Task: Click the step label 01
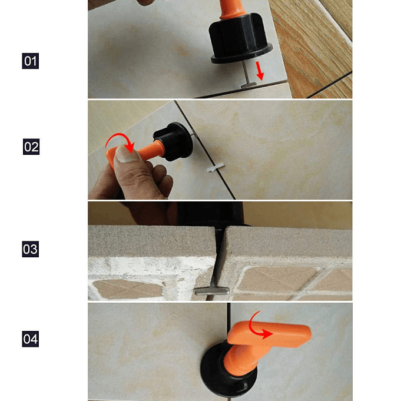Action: tap(31, 61)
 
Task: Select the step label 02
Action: tap(31, 147)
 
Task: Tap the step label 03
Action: tap(31, 249)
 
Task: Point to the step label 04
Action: tap(31, 339)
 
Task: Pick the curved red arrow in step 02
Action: tap(118, 142)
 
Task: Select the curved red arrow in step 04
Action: tap(259, 327)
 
